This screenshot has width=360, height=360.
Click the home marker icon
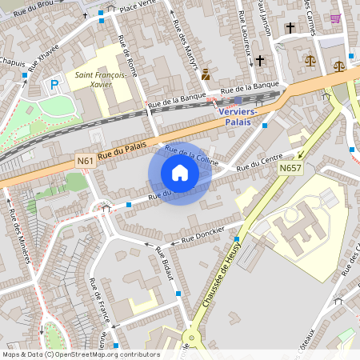click(x=180, y=173)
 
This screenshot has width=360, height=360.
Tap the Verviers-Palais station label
click(x=238, y=118)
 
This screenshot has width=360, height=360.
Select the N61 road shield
click(x=86, y=162)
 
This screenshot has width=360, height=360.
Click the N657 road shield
click(x=290, y=168)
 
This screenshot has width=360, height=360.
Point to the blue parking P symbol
click(x=55, y=84)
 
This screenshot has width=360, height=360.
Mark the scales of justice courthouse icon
click(x=310, y=60)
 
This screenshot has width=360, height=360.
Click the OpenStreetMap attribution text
click(x=80, y=354)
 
